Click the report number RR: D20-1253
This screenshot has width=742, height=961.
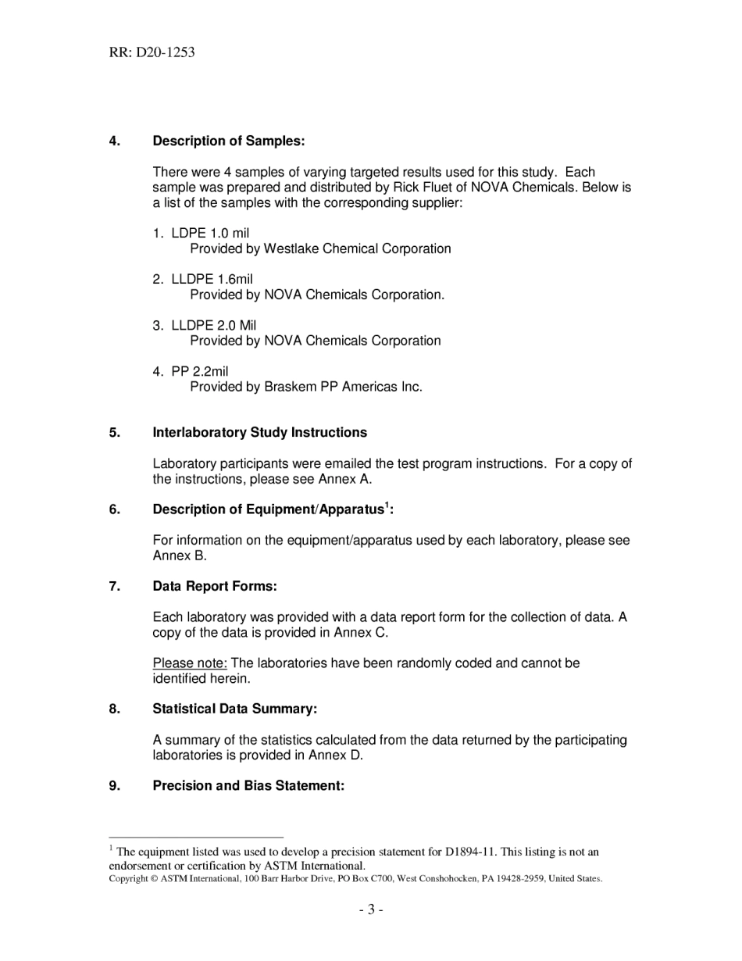point(152,53)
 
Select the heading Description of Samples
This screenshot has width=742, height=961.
point(228,141)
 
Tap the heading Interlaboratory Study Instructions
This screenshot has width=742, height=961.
point(259,433)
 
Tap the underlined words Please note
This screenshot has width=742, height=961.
point(190,663)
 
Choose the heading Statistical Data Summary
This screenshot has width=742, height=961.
point(234,709)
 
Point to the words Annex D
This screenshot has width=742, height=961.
point(335,756)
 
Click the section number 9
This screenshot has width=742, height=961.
point(115,786)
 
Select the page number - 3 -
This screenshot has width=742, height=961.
point(371,909)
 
